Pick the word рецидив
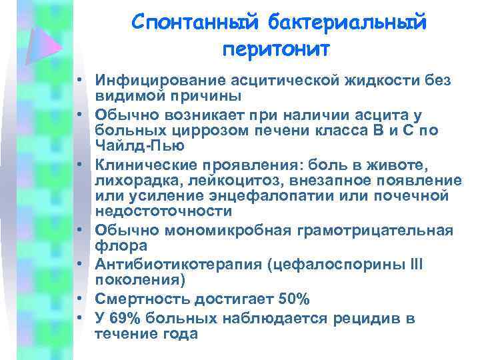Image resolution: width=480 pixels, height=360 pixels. pos(361,319)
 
